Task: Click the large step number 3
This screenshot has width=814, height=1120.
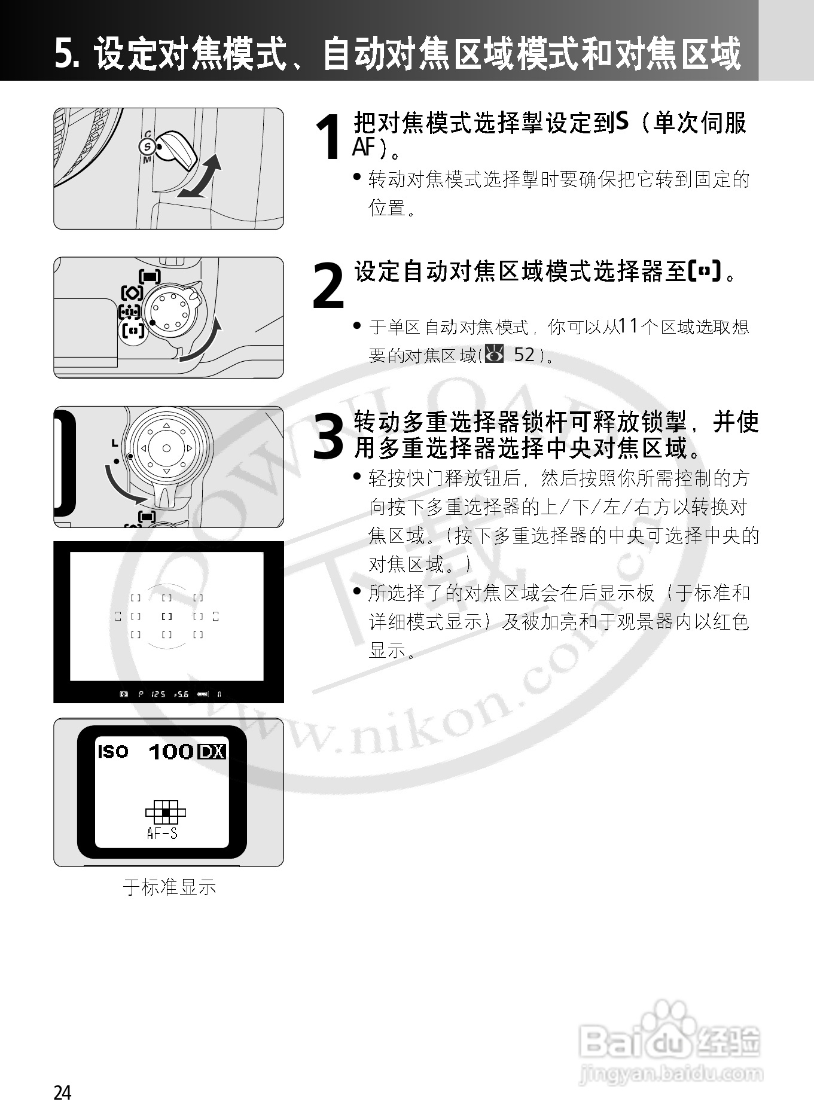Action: [329, 437]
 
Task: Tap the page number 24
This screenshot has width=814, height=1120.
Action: [62, 1092]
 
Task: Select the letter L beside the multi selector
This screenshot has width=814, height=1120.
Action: [114, 443]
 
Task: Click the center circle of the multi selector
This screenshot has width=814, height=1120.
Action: [166, 448]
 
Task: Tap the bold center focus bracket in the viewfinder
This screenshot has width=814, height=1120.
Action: [167, 616]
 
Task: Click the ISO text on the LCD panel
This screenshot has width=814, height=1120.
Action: [112, 752]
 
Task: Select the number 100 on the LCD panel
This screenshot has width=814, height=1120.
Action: [171, 752]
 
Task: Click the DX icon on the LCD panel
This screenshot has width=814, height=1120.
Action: [212, 752]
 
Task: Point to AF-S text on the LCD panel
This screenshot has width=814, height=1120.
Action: [162, 833]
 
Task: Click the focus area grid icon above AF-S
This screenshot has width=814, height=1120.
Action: [166, 812]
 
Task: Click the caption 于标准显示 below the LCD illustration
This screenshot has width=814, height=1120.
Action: [169, 887]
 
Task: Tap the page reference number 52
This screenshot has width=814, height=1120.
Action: [524, 355]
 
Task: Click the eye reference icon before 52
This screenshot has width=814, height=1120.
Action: [495, 355]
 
